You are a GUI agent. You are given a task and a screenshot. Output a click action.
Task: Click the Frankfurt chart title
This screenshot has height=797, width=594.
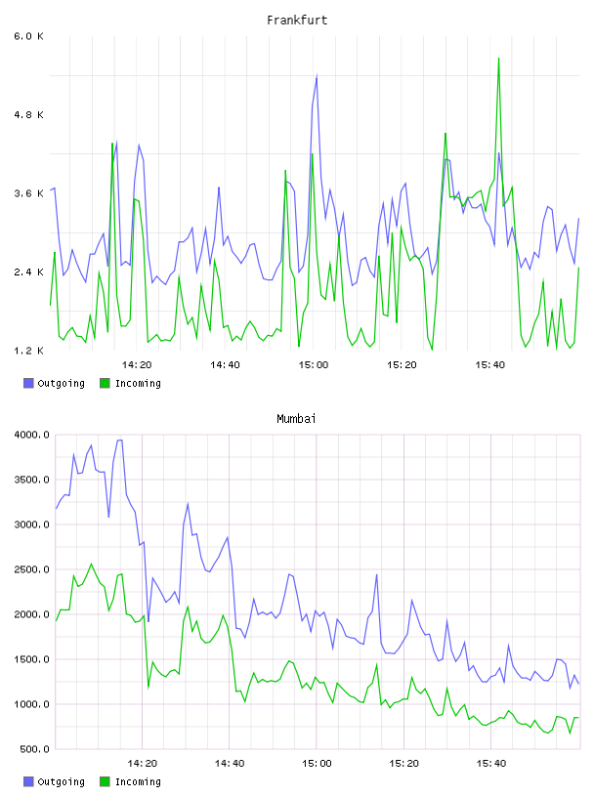297,21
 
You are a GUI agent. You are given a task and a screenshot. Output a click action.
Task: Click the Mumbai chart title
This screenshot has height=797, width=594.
296,419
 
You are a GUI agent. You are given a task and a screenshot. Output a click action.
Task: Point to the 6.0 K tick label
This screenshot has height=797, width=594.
29,36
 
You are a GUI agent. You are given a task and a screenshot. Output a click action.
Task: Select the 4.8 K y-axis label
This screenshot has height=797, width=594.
29,115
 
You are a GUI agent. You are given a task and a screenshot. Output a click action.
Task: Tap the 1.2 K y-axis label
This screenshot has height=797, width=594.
29,351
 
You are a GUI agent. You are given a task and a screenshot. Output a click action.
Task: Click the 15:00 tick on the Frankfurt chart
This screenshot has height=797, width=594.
314,365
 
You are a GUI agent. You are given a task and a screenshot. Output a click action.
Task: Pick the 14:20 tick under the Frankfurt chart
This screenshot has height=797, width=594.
137,365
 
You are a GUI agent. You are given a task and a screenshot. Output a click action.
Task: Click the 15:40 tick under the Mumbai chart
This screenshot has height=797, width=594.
491,764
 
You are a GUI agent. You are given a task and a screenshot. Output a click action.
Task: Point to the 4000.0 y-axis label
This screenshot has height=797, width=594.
32,435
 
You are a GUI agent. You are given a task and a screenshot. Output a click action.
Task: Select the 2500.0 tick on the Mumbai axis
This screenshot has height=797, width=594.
32,569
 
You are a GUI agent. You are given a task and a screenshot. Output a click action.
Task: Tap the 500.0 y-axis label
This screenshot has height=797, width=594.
35,749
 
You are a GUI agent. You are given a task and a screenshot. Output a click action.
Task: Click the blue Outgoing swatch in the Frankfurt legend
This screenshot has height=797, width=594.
28,383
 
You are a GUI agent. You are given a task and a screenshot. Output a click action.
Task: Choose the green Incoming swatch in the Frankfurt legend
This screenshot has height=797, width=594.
105,383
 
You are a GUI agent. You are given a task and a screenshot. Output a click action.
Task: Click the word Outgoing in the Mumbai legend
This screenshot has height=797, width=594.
61,781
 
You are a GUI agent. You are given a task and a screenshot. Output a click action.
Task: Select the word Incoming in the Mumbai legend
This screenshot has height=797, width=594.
138,781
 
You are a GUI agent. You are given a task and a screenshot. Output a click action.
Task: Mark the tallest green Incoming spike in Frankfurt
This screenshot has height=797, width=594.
498,59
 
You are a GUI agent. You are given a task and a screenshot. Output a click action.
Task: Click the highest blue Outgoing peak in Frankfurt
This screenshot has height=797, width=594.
317,76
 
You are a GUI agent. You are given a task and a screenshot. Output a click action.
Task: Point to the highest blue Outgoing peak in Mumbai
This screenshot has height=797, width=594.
120,440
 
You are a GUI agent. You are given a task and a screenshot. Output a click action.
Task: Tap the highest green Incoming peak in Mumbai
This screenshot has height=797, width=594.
92,564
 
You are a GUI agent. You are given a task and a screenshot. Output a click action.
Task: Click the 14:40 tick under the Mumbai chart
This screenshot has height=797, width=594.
230,764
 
